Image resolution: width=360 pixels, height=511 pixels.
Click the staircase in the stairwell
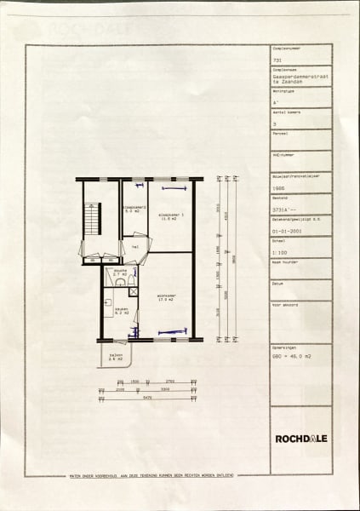[x=92, y=220]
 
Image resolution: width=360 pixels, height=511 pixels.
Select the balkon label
[x=115, y=357]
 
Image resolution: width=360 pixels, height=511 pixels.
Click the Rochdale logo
[x=301, y=439]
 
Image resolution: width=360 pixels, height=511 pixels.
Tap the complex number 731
[x=276, y=62]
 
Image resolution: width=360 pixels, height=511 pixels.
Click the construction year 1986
[x=277, y=189]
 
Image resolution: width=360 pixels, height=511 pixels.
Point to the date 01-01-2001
[x=286, y=229]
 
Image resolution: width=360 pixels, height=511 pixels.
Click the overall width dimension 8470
[x=148, y=398]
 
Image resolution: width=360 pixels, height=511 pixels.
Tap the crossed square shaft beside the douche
[x=134, y=291]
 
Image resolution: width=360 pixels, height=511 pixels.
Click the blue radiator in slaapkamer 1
[x=168, y=187]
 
